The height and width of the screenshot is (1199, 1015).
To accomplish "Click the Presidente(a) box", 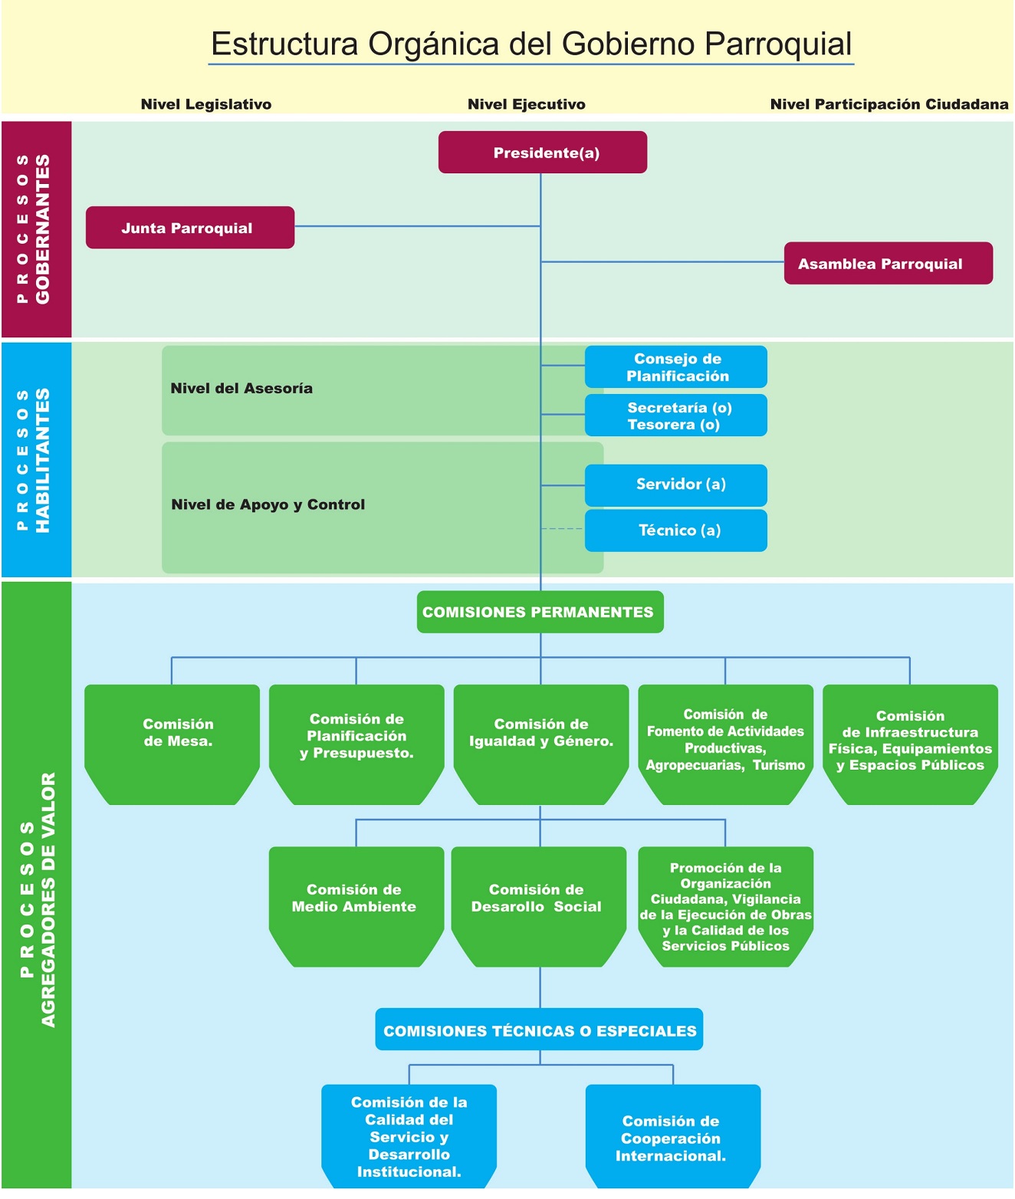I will click(x=543, y=153).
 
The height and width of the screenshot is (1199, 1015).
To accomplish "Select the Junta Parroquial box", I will click(x=189, y=228).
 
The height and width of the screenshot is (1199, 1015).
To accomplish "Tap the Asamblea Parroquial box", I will click(x=888, y=264).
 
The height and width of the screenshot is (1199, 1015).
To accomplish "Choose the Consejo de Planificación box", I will click(x=676, y=367).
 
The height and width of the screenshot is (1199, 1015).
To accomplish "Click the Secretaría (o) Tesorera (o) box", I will click(x=676, y=416).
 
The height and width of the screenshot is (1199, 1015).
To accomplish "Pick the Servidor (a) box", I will click(x=676, y=485).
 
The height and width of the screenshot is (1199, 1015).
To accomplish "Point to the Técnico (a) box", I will click(x=676, y=531).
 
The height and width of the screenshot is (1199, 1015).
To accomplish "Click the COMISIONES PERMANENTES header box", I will click(x=540, y=612).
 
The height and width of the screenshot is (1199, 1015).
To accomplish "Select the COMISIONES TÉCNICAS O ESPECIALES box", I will click(x=539, y=1030).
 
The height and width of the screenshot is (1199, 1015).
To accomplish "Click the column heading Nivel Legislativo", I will click(x=206, y=104).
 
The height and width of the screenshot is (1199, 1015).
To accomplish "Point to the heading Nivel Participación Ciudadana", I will click(x=889, y=104).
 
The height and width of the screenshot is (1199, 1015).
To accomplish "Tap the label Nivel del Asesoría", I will click(x=241, y=389).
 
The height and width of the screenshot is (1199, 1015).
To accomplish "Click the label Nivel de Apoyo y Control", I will click(x=268, y=504).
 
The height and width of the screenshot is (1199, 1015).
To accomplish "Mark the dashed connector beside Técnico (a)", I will click(x=563, y=529).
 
